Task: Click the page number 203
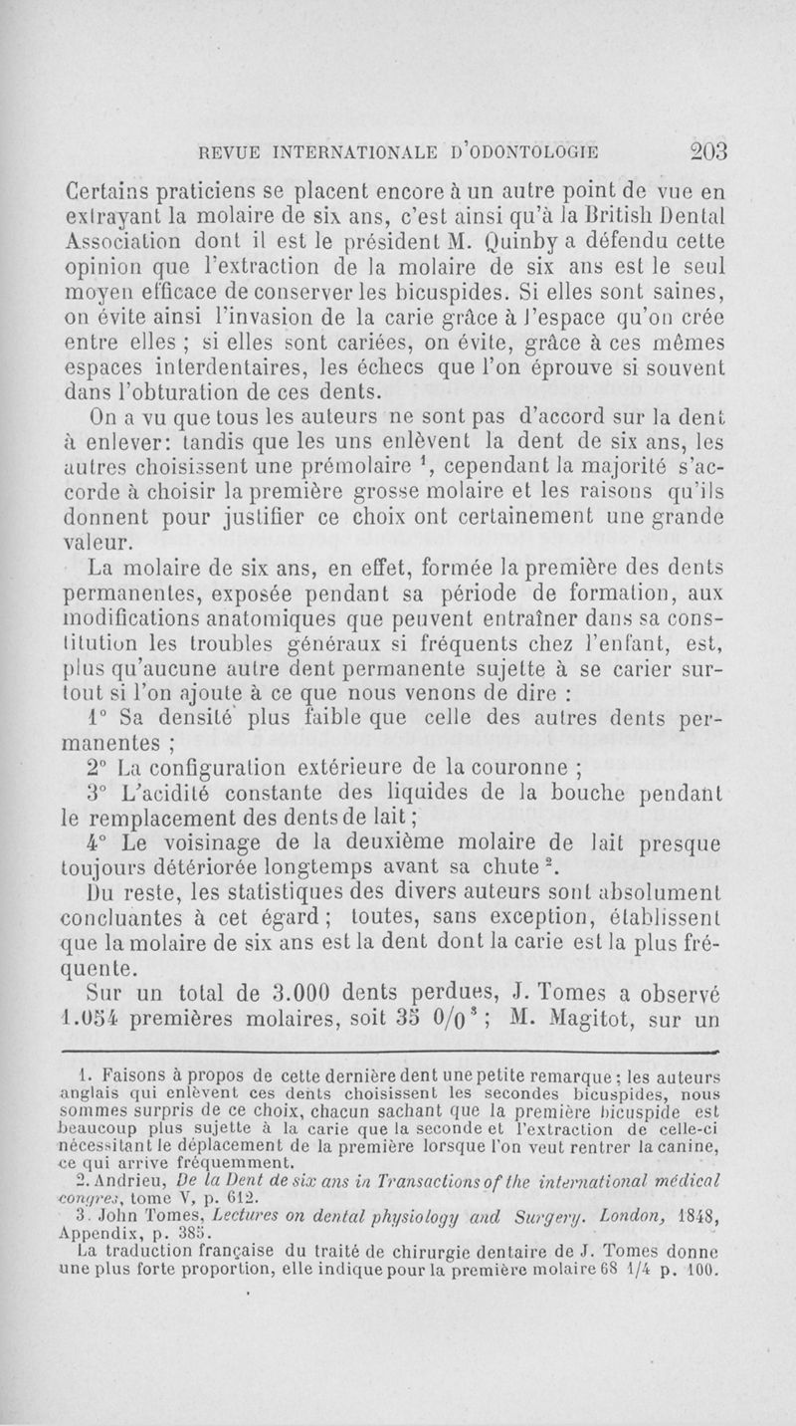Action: pyautogui.click(x=697, y=151)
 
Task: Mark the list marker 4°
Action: pyautogui.click(x=102, y=852)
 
